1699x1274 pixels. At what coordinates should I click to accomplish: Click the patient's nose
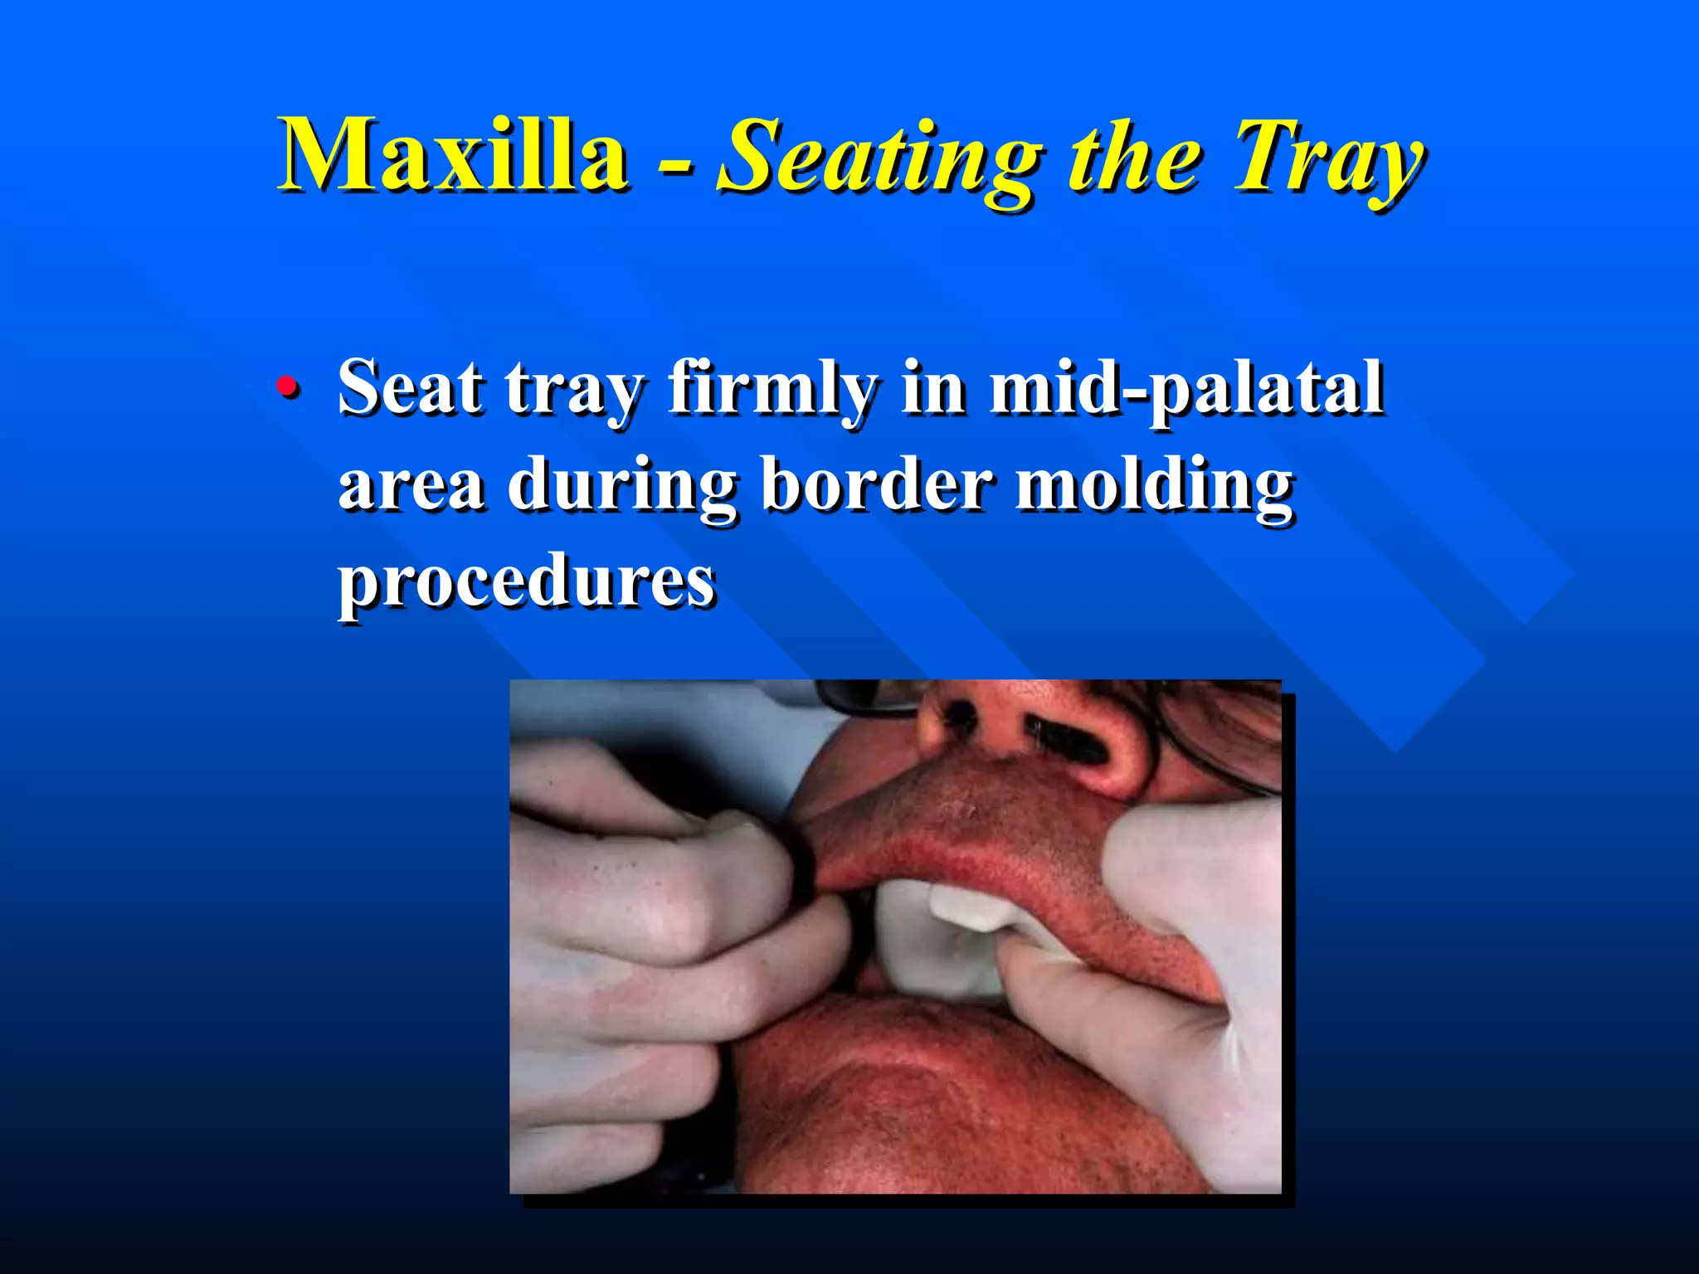(1037, 730)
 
